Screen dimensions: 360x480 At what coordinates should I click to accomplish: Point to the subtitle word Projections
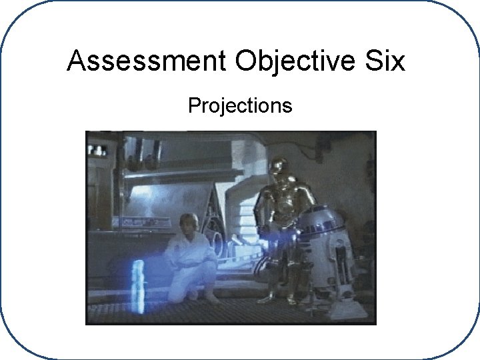240,105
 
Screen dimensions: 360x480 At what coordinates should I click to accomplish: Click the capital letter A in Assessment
77,61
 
